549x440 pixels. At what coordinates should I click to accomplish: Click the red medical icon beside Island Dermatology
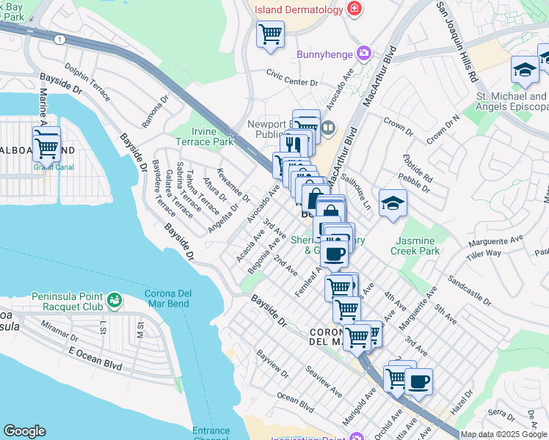[x=355, y=8]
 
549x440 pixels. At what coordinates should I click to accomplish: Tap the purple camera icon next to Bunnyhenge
[x=363, y=54]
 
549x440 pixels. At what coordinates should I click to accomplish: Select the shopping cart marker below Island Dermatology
[x=270, y=34]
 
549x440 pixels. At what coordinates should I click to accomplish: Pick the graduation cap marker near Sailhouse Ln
[x=393, y=203]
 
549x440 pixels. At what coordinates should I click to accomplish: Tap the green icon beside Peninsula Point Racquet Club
[x=114, y=299]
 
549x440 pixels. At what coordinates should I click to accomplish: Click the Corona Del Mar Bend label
[x=162, y=298]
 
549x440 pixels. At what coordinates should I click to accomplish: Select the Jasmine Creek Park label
[x=418, y=246]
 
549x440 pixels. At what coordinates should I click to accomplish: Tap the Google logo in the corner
[x=24, y=430]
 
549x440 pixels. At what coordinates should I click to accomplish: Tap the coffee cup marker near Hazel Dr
[x=418, y=381]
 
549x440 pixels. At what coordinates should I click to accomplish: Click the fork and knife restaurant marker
[x=294, y=144]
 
